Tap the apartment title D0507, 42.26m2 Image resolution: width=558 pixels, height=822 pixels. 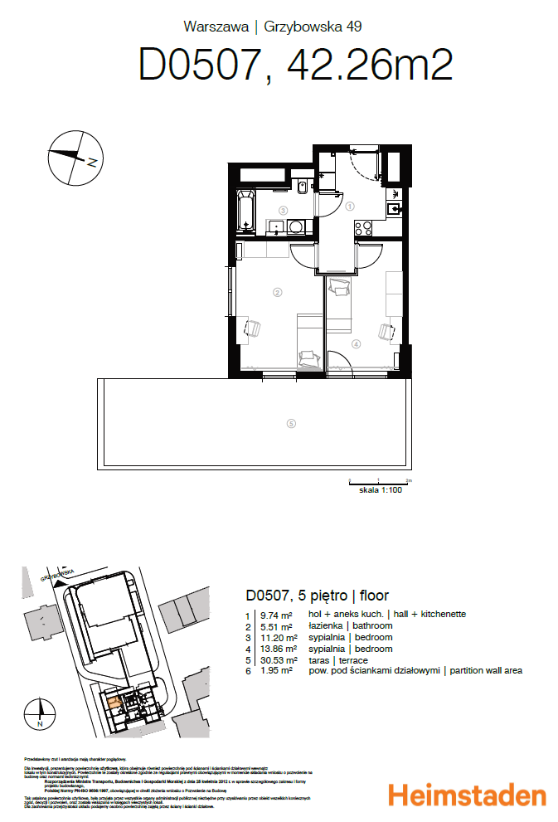tap(295, 65)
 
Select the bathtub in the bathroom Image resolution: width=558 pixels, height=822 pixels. tap(246, 211)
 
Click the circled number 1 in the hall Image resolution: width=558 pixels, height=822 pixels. tap(350, 207)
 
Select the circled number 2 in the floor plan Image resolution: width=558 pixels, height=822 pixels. tap(278, 292)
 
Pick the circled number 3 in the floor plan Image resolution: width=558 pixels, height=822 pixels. tap(284, 211)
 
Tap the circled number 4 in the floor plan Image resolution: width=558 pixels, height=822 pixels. tap(356, 343)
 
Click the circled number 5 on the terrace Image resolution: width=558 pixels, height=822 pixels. tap(290, 424)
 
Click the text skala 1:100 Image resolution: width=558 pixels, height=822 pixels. tap(380, 491)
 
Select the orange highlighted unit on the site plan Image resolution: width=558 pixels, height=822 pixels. tap(115, 703)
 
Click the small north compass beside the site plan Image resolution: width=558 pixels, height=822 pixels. tap(39, 713)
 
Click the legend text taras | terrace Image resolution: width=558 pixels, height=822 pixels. tap(337, 659)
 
